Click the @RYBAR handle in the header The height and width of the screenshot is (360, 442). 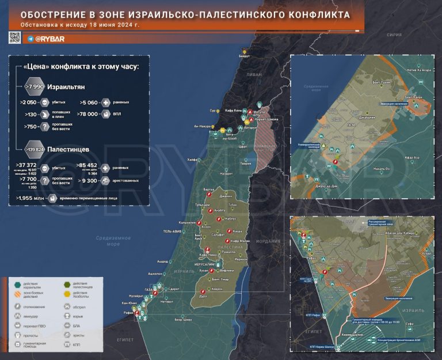50,39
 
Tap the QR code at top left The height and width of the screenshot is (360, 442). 15,37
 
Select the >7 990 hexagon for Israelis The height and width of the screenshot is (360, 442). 35,86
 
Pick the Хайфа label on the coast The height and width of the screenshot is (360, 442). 192,160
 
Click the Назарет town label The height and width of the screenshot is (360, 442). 226,173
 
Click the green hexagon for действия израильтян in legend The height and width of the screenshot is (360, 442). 18,285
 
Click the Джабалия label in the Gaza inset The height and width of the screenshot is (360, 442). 367,118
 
